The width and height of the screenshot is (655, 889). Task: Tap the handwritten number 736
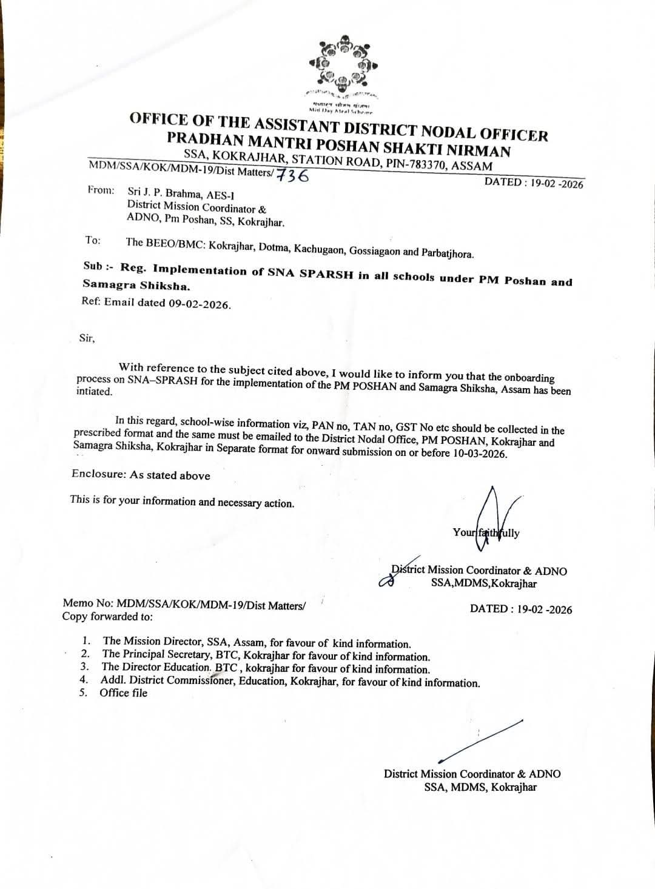click(294, 175)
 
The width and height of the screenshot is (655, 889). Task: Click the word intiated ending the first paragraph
click(94, 392)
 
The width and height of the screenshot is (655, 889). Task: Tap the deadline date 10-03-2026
click(479, 454)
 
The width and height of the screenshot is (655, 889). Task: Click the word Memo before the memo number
click(77, 604)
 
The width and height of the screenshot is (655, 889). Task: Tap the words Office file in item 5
click(124, 693)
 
